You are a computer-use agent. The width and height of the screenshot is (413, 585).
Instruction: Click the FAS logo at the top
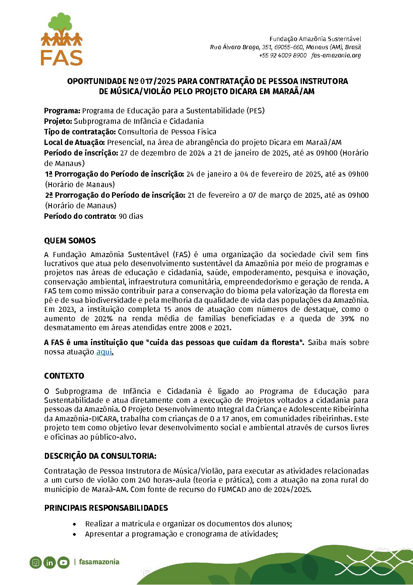point(62,39)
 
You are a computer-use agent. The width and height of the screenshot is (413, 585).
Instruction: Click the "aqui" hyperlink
point(104,352)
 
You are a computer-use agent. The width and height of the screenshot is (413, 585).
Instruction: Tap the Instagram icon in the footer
point(36,562)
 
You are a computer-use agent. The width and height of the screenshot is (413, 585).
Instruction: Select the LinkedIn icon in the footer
point(50,562)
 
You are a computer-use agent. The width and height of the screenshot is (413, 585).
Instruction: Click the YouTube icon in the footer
point(63,562)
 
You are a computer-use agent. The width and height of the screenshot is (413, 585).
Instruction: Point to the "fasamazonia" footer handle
point(99,562)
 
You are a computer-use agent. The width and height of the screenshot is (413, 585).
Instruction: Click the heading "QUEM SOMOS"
point(70,241)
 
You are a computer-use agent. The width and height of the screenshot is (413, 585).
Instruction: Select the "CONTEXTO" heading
point(64,376)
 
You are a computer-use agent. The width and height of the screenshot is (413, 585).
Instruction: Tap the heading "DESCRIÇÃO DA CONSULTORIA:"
point(100,456)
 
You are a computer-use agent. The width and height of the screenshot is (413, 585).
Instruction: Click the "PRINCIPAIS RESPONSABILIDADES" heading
point(106,508)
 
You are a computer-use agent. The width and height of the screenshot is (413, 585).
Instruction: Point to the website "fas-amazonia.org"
point(336,55)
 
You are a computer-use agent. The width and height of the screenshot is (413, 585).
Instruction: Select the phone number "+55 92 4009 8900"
point(283,55)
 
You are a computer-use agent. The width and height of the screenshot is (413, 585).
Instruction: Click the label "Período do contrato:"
point(80,216)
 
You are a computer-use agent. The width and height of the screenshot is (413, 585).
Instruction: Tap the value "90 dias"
point(131,216)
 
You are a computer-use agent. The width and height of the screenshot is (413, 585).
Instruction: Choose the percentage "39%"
point(347,318)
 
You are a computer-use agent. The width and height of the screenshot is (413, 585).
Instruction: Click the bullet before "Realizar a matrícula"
point(75,524)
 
